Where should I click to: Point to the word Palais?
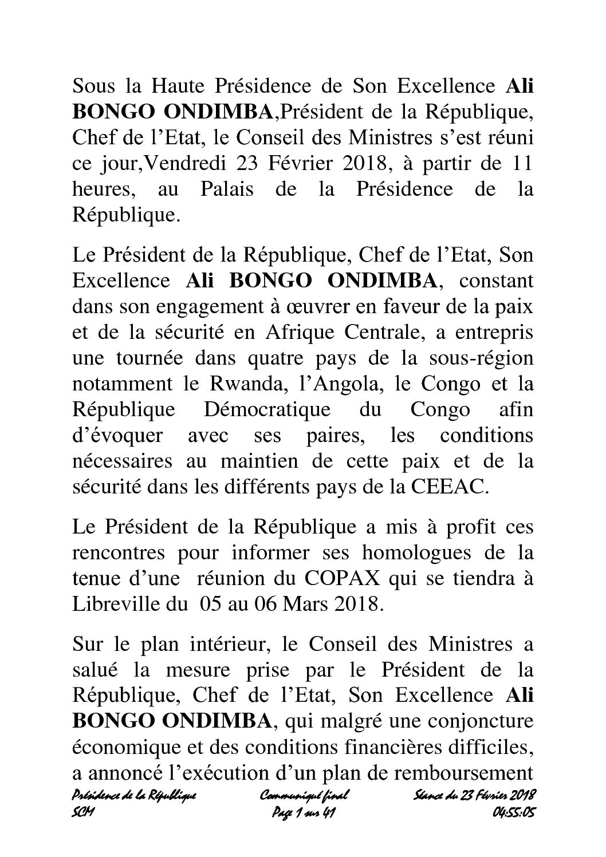coord(225,189)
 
